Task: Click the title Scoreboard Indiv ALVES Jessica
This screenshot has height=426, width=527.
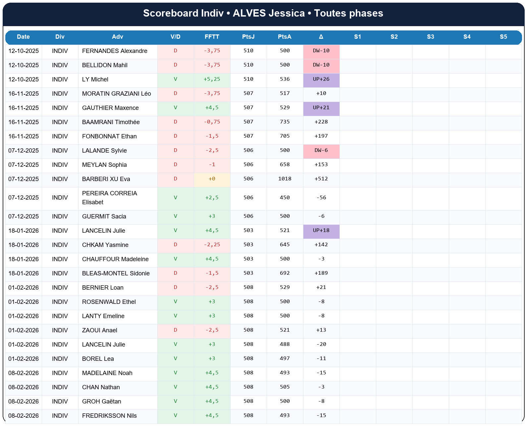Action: [x=263, y=13]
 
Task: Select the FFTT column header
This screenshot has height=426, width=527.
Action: [x=212, y=37]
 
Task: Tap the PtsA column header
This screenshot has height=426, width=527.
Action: [x=285, y=37]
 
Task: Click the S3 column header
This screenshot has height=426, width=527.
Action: [x=430, y=37]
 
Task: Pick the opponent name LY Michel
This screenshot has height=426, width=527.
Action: [x=95, y=79]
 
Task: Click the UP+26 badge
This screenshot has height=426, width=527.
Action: [x=321, y=79]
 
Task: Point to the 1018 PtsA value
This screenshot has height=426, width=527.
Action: [x=285, y=179]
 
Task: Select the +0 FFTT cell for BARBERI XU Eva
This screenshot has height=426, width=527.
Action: [x=212, y=179]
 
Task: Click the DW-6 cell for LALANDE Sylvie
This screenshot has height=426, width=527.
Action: [x=321, y=151]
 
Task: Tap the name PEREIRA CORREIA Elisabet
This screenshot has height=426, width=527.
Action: [x=109, y=198]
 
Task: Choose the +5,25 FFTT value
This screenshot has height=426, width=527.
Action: [x=212, y=79]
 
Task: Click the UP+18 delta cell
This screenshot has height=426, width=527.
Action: [x=321, y=231]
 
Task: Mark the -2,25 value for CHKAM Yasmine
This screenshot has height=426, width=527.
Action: [x=212, y=245]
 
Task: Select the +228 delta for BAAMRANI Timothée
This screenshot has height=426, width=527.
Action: [x=321, y=122]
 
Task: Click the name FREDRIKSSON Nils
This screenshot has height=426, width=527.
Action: [x=109, y=416]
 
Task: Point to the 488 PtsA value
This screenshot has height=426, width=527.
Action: [x=285, y=345]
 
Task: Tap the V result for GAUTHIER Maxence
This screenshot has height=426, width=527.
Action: [x=175, y=108]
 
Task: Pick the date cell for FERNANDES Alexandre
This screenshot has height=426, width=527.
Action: [x=24, y=51]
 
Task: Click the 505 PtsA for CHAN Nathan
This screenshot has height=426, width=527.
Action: [x=285, y=387]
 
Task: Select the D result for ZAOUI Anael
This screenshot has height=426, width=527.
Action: [x=175, y=330]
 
